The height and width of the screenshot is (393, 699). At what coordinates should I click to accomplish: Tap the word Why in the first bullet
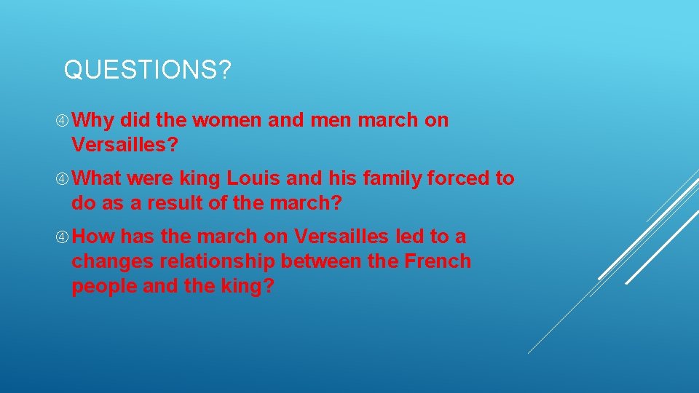92,121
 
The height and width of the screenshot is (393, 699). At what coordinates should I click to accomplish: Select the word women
227,120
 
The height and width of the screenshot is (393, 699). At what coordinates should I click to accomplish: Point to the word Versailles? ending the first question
125,145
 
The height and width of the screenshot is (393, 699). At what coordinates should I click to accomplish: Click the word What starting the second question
98,178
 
